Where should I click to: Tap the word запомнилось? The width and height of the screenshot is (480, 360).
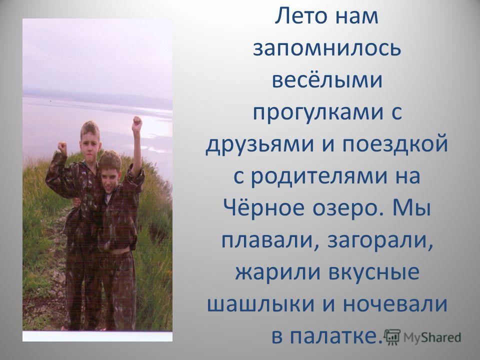coord(326,48)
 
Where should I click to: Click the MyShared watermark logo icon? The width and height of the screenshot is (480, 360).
coord(392,337)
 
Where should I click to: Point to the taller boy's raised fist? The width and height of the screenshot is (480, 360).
coord(62,147)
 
